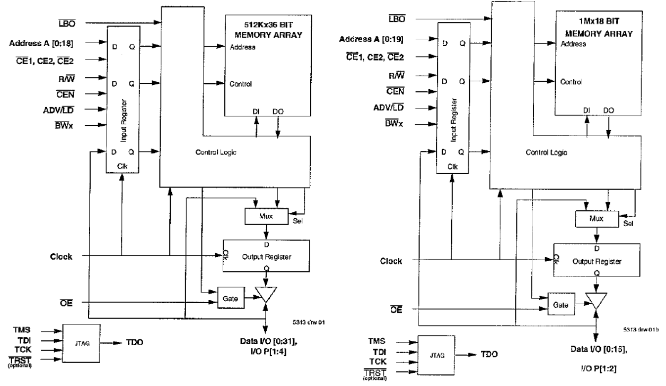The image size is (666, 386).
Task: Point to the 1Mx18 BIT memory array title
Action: point(594,28)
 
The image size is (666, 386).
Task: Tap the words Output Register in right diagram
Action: point(597,262)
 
